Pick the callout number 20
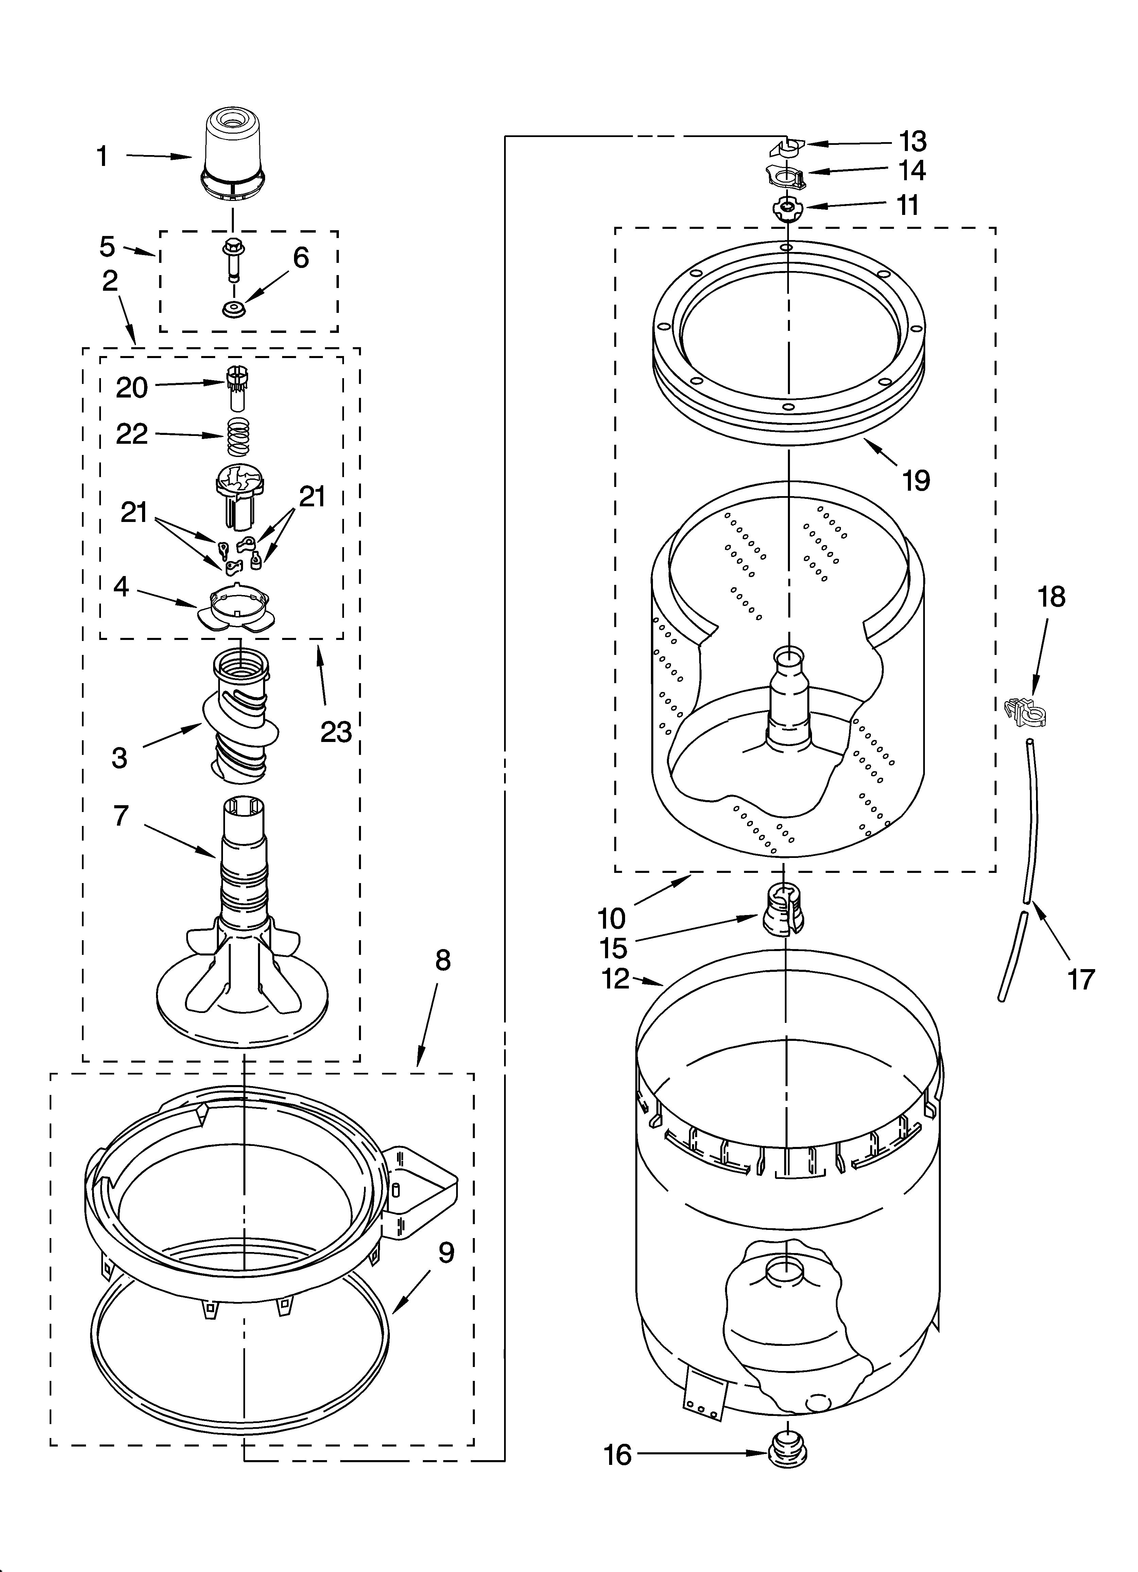pyautogui.click(x=132, y=387)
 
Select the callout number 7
pyautogui.click(x=121, y=816)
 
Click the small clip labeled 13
pyautogui.click(x=786, y=147)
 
